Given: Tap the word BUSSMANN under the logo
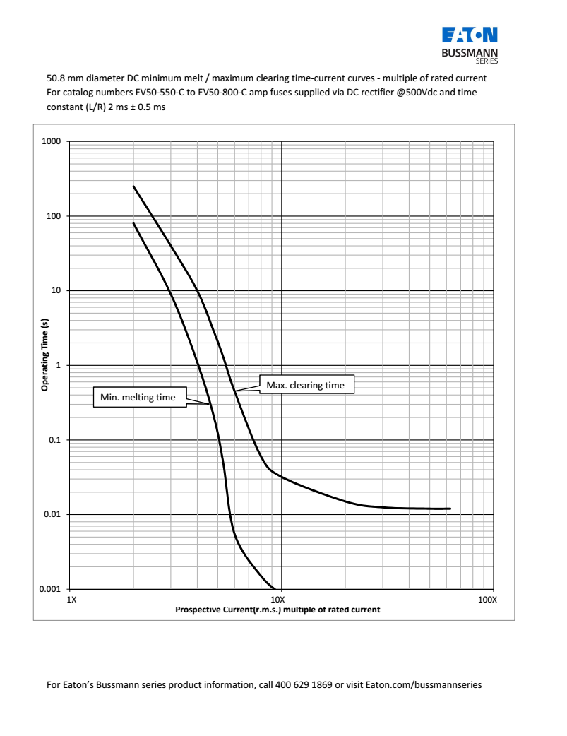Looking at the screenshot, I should coord(470,53).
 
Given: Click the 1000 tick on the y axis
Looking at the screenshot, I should coord(53,142).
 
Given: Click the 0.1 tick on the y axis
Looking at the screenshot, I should coord(56,440).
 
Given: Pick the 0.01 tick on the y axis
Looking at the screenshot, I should coord(54,515).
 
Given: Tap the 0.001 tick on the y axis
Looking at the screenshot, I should coord(52,589).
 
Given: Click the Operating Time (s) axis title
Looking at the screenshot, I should coord(44,355).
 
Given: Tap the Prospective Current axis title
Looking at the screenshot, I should coord(277,610).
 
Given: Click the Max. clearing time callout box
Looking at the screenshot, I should coord(306,385).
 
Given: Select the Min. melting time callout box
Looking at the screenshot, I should coord(138,398).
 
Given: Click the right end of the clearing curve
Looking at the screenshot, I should coord(450,509).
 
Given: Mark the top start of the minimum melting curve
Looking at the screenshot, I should coord(134,224).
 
